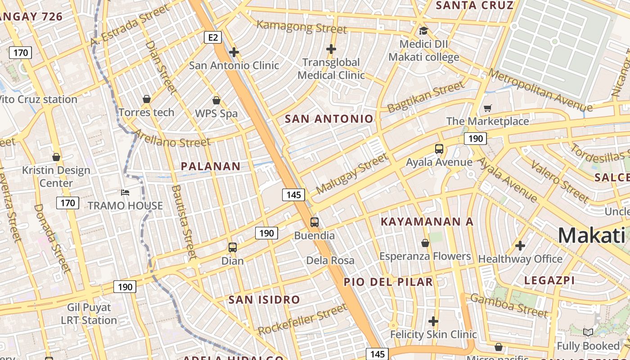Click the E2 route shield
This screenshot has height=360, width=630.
(213, 37)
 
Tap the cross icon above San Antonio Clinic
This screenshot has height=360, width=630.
(234, 52)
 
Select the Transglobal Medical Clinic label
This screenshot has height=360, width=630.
(331, 68)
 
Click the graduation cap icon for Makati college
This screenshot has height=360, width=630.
(423, 31)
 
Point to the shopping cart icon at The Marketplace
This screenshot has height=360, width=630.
(487, 108)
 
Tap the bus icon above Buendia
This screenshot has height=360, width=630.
(315, 222)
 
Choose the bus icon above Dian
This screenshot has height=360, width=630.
(232, 247)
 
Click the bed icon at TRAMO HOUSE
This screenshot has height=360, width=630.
(125, 193)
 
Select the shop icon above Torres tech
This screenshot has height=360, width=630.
(146, 99)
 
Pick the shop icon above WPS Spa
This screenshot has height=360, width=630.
(216, 100)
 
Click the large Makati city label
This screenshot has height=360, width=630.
(591, 235)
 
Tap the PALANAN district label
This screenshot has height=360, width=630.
(211, 166)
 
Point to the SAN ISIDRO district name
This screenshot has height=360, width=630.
(264, 300)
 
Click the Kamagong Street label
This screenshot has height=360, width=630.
(301, 27)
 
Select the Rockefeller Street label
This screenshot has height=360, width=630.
(302, 319)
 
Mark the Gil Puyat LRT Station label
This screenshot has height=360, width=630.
(89, 314)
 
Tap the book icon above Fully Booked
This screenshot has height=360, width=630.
(588, 333)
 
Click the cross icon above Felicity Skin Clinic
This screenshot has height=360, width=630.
(433, 321)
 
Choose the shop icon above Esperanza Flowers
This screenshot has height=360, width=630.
(425, 243)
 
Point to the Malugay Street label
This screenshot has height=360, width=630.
(351, 174)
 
